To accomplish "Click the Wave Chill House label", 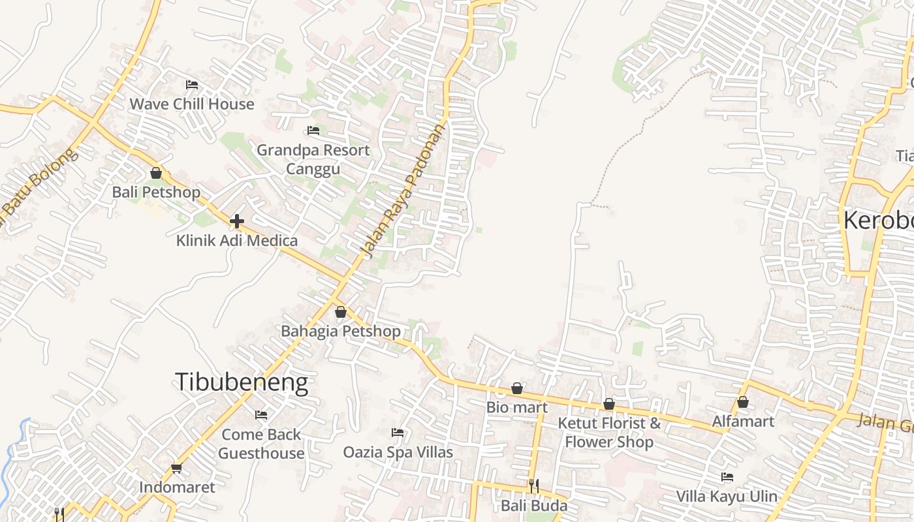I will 191,104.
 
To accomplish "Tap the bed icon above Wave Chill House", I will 191,85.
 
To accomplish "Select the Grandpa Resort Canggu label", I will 313,159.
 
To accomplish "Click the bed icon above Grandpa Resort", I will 313,130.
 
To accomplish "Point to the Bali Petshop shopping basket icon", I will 156,173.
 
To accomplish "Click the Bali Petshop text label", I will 156,192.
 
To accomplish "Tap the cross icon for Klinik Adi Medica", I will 237,221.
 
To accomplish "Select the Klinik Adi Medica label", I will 237,240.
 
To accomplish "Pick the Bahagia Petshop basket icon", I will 340,312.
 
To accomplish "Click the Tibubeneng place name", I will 241,382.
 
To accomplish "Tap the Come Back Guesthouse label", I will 261,444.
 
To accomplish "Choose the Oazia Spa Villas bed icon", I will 397,433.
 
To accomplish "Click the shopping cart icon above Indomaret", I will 176,468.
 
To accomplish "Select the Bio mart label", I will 516,407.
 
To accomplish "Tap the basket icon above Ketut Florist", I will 608,405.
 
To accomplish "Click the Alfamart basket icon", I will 743,402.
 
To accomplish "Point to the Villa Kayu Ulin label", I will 727,496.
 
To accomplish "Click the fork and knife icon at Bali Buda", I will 533,486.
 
